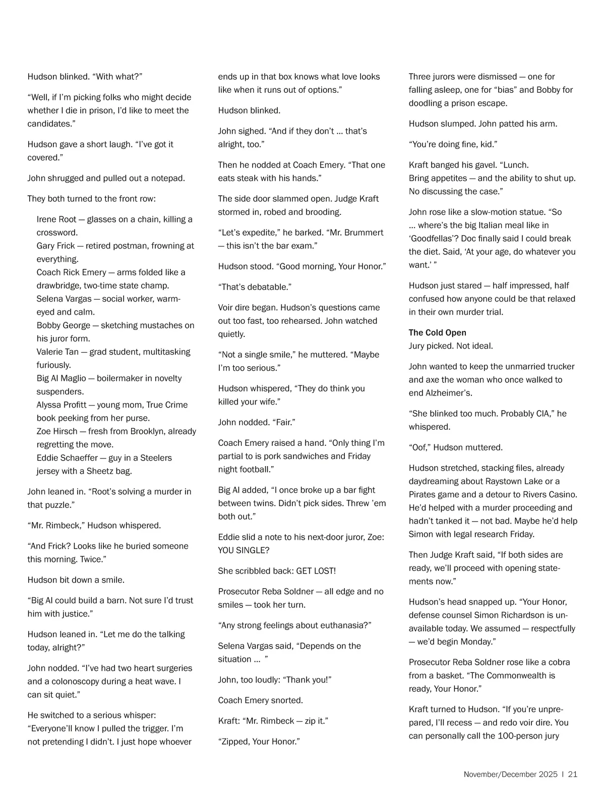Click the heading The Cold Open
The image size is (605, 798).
click(437, 332)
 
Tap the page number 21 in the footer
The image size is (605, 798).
click(572, 774)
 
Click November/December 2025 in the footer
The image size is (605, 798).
click(510, 774)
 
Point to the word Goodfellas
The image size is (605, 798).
click(434, 238)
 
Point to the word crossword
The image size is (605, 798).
click(57, 233)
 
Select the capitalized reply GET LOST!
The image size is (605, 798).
click(316, 571)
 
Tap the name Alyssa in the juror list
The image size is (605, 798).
click(49, 405)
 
